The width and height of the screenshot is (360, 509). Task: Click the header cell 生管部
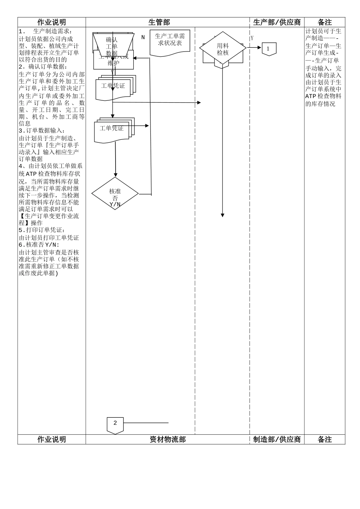[159, 22]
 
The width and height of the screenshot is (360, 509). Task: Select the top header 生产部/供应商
[277, 22]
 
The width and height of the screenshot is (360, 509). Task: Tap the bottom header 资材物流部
[167, 439]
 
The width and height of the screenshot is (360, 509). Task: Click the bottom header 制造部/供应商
[277, 439]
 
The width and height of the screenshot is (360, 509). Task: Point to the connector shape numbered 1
[269, 49]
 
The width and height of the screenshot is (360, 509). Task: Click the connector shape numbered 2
[115, 425]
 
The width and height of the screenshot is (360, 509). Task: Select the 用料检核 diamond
[223, 48]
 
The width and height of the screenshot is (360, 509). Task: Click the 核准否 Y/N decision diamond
[115, 194]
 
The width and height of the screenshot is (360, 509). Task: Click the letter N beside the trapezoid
[143, 37]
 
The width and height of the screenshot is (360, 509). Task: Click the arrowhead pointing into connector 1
[260, 48]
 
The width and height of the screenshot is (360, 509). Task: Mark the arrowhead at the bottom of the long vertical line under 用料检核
[222, 215]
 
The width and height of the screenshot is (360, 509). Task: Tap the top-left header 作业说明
[52, 22]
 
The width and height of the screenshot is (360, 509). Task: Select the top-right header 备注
[325, 22]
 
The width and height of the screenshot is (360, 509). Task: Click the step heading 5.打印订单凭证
[42, 230]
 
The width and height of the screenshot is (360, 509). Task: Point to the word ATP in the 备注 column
[311, 96]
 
